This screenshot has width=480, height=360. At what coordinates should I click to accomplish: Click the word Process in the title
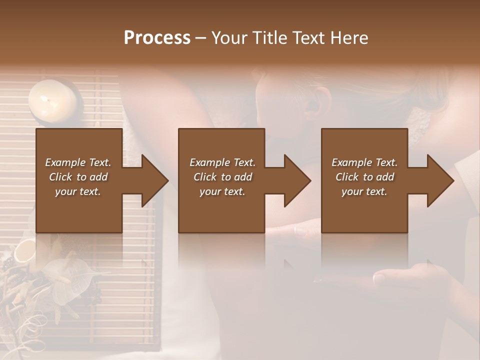click(157, 38)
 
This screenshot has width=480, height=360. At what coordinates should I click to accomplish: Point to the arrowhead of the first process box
click(152, 180)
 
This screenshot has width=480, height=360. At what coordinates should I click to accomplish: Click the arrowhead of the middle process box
click(295, 180)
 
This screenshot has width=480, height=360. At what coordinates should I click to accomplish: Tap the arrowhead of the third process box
click(438, 180)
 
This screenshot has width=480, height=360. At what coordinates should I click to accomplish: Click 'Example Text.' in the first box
click(78, 162)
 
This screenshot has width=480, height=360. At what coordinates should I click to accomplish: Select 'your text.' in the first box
click(78, 191)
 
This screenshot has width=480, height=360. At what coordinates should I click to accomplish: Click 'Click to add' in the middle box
click(222, 177)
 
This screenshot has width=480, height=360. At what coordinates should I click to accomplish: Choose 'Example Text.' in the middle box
click(222, 162)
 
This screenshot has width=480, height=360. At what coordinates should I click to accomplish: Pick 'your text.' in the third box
click(364, 191)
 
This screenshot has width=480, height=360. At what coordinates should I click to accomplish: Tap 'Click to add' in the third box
click(364, 177)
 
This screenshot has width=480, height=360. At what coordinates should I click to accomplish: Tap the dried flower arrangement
click(45, 280)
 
